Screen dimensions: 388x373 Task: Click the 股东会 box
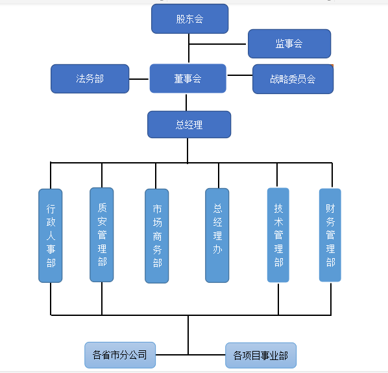pyautogui.click(x=190, y=19)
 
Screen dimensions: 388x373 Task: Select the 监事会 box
pyautogui.click(x=289, y=43)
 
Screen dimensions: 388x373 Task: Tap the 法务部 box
pyautogui.click(x=90, y=79)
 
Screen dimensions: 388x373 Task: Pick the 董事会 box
pyautogui.click(x=188, y=78)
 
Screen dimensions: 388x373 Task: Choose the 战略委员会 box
pyautogui.click(x=293, y=79)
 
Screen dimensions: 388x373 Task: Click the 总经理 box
pyautogui.click(x=189, y=125)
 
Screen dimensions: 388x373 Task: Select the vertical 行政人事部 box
pyautogui.click(x=51, y=235)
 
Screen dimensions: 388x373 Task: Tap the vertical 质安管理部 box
pyautogui.click(x=102, y=235)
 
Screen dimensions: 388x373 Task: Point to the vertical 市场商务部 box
pyautogui.click(x=156, y=236)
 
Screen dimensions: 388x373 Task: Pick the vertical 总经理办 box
pyautogui.click(x=217, y=235)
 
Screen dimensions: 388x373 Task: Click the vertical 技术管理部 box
pyautogui.click(x=278, y=235)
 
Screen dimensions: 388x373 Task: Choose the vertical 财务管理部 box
pyautogui.click(x=330, y=235)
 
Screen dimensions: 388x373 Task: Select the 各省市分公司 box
pyautogui.click(x=120, y=355)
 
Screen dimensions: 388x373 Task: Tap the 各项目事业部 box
pyautogui.click(x=261, y=355)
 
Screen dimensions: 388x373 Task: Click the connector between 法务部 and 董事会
pyautogui.click(x=139, y=79)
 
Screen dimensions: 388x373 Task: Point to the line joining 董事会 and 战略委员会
pyautogui.click(x=240, y=75)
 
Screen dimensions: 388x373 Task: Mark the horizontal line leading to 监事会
pyautogui.click(x=217, y=44)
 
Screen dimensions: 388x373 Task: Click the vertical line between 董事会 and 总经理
pyautogui.click(x=186, y=102)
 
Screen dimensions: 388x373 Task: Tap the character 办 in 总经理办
pyautogui.click(x=217, y=249)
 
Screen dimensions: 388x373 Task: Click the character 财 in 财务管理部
pyautogui.click(x=330, y=208)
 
